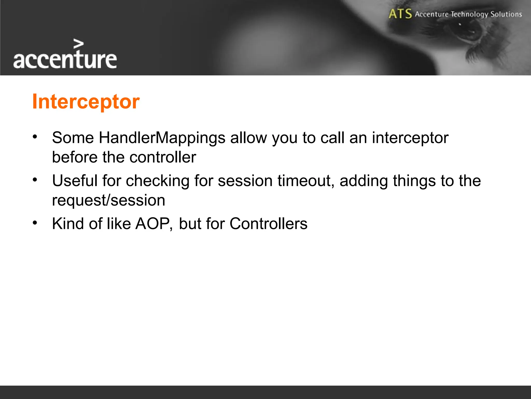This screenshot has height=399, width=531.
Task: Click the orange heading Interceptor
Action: (86, 102)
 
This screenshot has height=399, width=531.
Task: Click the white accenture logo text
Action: (65, 60)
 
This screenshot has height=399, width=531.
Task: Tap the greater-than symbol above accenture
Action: (79, 44)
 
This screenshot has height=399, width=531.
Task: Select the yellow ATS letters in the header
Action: (400, 14)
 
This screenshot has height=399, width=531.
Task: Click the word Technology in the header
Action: (469, 14)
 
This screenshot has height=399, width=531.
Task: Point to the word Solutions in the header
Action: (506, 14)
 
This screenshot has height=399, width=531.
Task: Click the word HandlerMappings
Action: (162, 138)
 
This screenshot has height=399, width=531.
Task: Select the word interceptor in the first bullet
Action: (410, 138)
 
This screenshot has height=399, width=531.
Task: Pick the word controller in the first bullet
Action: (163, 157)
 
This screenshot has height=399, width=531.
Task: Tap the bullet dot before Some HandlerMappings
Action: (35, 137)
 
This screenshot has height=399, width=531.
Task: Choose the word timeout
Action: (306, 181)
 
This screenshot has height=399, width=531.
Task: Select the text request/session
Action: (108, 200)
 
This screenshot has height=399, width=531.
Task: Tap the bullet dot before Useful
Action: (35, 180)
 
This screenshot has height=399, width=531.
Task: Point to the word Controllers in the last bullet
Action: (268, 223)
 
